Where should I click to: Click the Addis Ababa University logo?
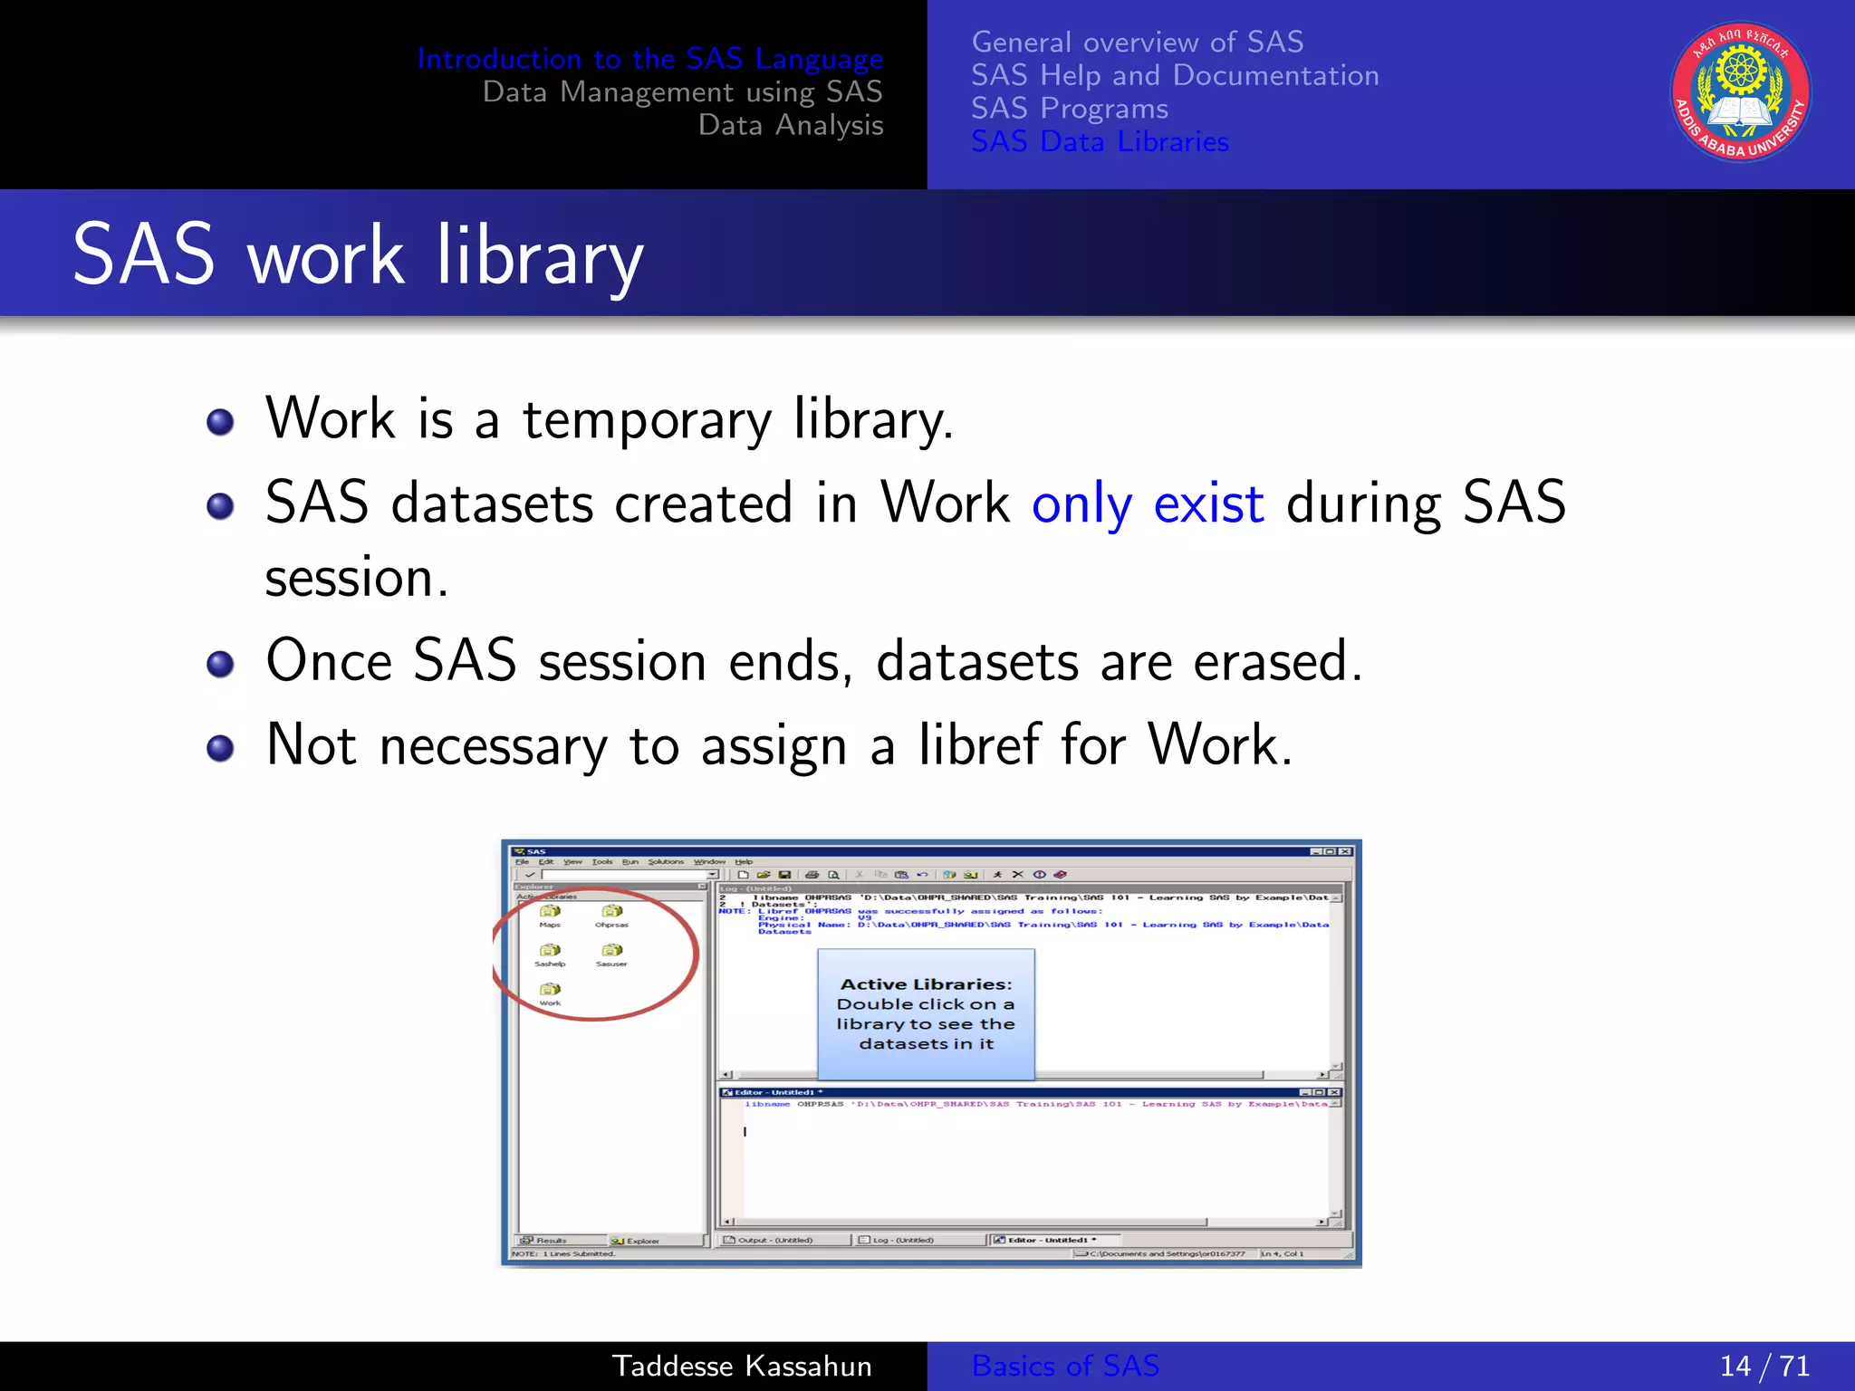(1740, 91)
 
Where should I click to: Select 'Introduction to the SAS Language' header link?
(649, 59)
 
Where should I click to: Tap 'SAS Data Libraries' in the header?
(1100, 142)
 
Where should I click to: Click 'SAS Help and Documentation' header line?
(1175, 75)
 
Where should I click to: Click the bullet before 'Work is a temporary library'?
(220, 422)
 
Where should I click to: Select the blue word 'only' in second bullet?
(1081, 504)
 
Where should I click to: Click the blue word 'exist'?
(1208, 504)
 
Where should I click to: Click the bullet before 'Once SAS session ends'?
(220, 665)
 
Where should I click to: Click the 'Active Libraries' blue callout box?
(926, 1013)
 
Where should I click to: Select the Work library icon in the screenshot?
(551, 990)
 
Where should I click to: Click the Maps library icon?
(550, 912)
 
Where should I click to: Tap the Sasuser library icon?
(611, 951)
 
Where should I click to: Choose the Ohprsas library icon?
(611, 912)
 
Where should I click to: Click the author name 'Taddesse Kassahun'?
(742, 1366)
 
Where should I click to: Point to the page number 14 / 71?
(1764, 1366)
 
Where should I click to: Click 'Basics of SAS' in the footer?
(1065, 1366)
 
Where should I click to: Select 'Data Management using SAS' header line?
(682, 91)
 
